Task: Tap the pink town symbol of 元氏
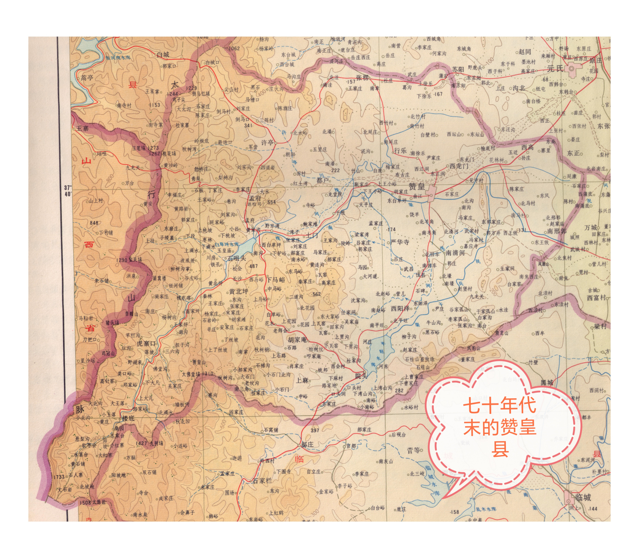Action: pos(571,68)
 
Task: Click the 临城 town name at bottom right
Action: pos(583,497)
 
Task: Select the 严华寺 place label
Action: pos(400,242)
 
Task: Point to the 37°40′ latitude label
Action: pos(67,191)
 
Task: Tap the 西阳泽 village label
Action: pos(400,309)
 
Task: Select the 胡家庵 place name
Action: pos(297,339)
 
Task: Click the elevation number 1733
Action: pos(58,477)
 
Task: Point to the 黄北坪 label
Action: pos(238,292)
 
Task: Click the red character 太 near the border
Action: pos(175,84)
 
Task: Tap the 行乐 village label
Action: pos(400,151)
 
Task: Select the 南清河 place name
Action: pos(455,253)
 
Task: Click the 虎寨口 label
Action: pos(146,343)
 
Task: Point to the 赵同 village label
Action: pos(525,52)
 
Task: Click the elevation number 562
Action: pos(316,294)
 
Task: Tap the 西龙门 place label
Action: pos(459,166)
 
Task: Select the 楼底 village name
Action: pos(128,418)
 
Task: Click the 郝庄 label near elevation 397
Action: pos(307,444)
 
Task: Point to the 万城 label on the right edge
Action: pos(590,227)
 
